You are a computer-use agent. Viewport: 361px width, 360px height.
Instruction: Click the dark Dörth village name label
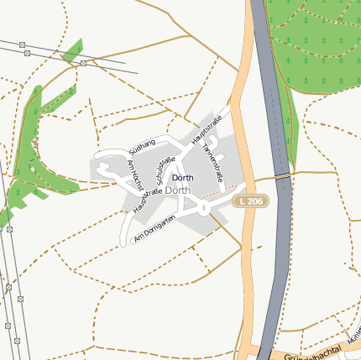pyautogui.click(x=182, y=178)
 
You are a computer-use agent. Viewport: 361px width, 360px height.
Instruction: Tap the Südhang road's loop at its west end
pyautogui.click(x=104, y=172)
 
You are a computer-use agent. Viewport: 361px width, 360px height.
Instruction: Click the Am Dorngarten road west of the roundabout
pyautogui.click(x=168, y=217)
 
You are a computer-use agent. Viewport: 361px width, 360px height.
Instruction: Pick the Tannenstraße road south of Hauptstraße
pyautogui.click(x=205, y=168)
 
